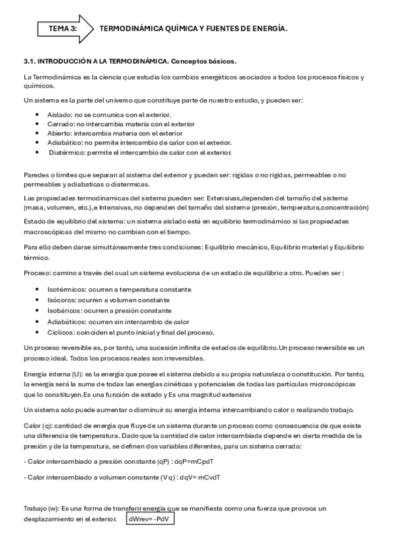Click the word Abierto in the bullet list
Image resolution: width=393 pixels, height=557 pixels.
pyautogui.click(x=60, y=134)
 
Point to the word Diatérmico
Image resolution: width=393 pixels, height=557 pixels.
pyautogui.click(x=68, y=153)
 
